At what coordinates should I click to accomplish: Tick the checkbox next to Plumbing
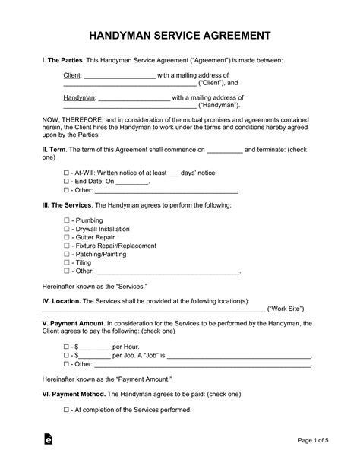[x=67, y=219]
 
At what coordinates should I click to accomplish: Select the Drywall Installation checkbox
[x=67, y=229]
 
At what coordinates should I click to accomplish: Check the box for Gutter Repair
[x=67, y=237]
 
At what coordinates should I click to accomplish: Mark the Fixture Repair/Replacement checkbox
[x=67, y=246]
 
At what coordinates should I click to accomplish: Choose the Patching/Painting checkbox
[x=67, y=254]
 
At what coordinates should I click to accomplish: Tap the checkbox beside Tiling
[x=67, y=262]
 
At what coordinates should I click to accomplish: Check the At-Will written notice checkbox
[x=67, y=173]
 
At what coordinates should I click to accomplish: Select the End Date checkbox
[x=67, y=182]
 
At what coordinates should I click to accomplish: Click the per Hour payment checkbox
[x=67, y=346]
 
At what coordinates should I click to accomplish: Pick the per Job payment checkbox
[x=67, y=355]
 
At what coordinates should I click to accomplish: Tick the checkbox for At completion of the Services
[x=67, y=410]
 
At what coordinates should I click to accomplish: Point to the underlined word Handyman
[x=79, y=98]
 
